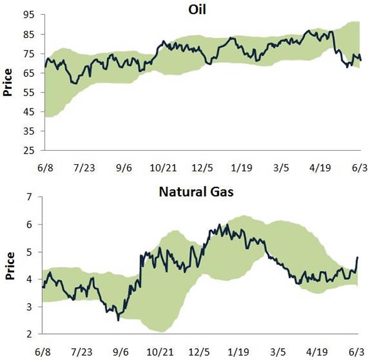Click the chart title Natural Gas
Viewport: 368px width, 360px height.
[x=202, y=192]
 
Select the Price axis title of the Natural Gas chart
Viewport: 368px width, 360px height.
[x=9, y=266]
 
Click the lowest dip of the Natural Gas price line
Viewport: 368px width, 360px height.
[x=118, y=320]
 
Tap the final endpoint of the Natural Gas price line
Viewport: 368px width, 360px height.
[x=359, y=257]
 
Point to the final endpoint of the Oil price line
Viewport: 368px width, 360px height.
[x=360, y=60]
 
